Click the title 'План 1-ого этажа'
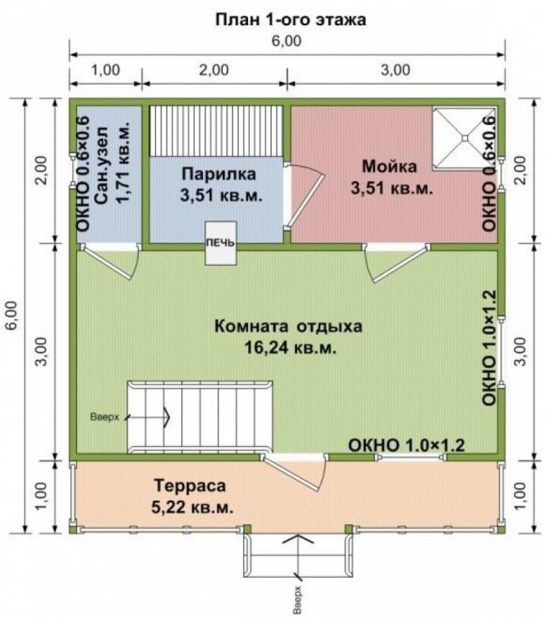point(290,19)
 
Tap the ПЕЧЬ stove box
point(221,243)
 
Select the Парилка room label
point(219,174)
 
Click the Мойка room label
point(389,166)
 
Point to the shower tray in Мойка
point(465,138)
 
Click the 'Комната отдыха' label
point(288,326)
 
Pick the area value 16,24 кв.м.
point(290,348)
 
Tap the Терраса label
point(190,486)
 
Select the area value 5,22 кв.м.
point(192,507)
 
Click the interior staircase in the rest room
point(200,417)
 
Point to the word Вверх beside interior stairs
point(105,417)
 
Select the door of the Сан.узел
point(111,261)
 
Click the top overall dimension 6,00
point(287,41)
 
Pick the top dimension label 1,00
point(106,70)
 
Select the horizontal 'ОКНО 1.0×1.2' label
point(407,445)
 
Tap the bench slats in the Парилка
point(216,131)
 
